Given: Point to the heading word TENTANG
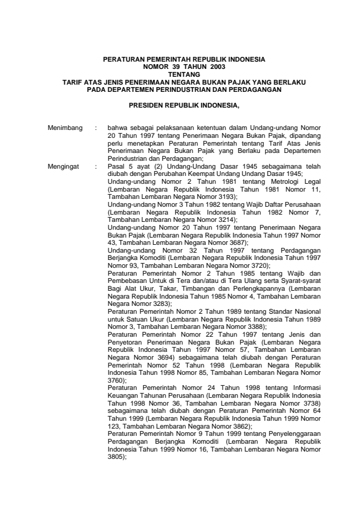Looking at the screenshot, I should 183,75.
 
